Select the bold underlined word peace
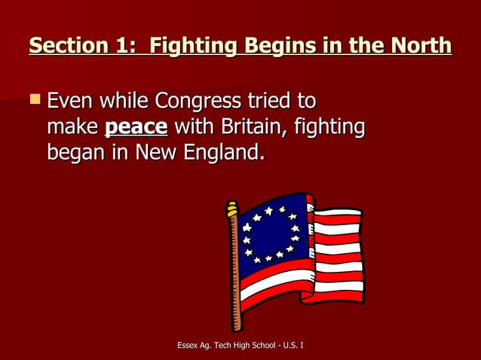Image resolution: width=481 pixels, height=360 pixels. coord(136,127)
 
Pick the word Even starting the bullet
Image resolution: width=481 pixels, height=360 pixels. coord(71,100)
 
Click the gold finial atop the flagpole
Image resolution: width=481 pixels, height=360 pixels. coord(232,208)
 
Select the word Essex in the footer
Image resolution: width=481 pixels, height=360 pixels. coord(188,345)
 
